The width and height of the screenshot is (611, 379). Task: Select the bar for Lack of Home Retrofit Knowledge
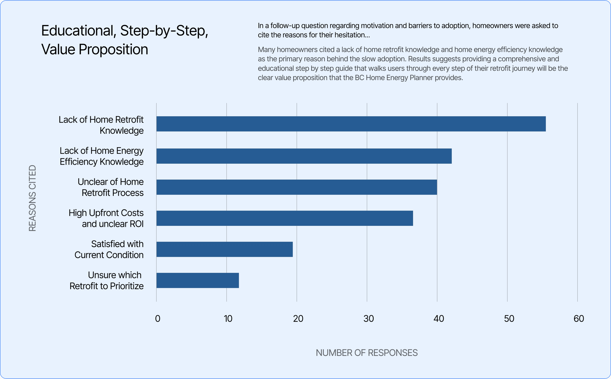(x=351, y=124)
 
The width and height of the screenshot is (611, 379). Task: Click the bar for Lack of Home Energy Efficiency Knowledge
(x=304, y=156)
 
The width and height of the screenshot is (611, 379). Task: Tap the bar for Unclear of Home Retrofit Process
(x=296, y=187)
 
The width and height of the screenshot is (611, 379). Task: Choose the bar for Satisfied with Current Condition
(x=224, y=249)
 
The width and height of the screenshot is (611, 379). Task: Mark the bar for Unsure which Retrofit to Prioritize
(x=198, y=280)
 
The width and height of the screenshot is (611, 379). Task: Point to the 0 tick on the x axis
(x=158, y=319)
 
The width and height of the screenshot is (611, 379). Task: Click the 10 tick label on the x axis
(x=228, y=319)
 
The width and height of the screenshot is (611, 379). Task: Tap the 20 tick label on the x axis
(x=298, y=319)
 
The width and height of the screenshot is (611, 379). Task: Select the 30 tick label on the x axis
(x=368, y=319)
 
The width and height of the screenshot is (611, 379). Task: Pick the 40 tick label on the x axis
(x=439, y=319)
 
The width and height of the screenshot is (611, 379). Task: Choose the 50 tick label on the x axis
(x=509, y=319)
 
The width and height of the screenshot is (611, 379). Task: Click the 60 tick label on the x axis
(x=579, y=319)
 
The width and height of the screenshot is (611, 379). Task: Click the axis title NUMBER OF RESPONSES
(x=366, y=353)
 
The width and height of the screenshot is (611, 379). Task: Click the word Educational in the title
(x=78, y=31)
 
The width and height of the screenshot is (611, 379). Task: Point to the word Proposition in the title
(x=113, y=49)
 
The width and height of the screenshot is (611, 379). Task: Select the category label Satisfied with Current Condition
(x=109, y=249)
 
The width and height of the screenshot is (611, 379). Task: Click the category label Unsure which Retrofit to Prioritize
(x=107, y=280)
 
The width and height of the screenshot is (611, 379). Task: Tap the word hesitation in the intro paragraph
(x=352, y=35)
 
